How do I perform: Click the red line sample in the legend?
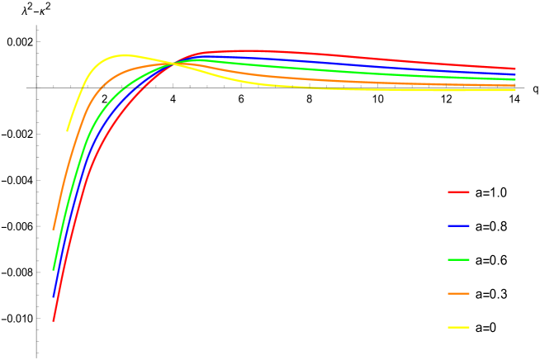pos(458,192)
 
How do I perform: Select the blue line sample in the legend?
pos(458,225)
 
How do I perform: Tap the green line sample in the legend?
pos(458,259)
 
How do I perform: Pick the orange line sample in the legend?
pos(458,293)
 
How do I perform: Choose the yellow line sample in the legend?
pos(458,327)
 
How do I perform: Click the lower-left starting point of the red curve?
pos(54,320)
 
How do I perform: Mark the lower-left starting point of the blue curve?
pos(54,296)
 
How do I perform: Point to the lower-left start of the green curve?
pos(54,268)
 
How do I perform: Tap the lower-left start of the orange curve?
pos(54,229)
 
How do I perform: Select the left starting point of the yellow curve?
pos(68,130)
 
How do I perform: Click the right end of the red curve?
pos(515,69)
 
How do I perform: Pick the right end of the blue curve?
pos(515,74)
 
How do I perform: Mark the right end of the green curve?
pos(515,79)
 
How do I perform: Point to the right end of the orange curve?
pos(515,85)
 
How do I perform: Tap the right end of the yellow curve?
pos(515,89)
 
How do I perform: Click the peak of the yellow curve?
pos(125,55)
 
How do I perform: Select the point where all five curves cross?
pos(173,63)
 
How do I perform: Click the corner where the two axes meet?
pos(37,86)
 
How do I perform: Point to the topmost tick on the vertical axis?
pos(37,30)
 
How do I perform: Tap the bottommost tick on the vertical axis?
pos(37,353)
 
